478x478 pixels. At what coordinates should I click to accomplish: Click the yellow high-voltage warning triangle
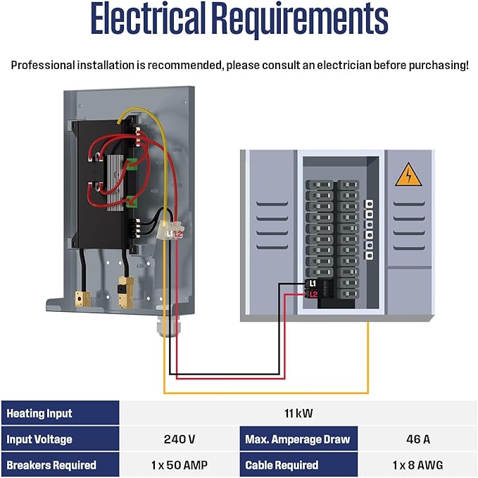[x=408, y=175]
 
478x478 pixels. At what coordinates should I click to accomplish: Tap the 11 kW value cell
[x=298, y=413]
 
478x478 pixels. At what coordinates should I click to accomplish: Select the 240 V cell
[x=179, y=439]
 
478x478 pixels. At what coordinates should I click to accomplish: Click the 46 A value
[x=417, y=439]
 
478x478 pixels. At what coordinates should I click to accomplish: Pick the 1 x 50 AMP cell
[x=179, y=465]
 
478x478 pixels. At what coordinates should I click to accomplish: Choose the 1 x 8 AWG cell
[x=417, y=465]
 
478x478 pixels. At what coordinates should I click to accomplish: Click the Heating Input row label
[x=39, y=413]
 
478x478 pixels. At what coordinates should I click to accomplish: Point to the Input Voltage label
[x=39, y=439]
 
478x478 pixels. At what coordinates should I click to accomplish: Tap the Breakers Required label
[x=51, y=465]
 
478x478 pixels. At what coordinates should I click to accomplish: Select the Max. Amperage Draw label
[x=297, y=439]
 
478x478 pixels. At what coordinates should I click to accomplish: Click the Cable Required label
[x=282, y=465]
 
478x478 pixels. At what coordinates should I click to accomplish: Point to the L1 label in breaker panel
[x=313, y=283]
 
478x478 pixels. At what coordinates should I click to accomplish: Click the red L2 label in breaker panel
[x=313, y=294]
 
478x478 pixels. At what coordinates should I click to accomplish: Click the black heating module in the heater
[x=106, y=183]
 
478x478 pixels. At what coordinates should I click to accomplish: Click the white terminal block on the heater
[x=172, y=232]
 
